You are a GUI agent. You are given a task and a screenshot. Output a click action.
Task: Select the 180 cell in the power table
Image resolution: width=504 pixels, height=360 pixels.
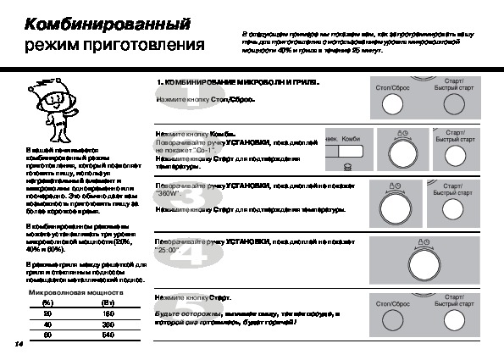click(x=108, y=313)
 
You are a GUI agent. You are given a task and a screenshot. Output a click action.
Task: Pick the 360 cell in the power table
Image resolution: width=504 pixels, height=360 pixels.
click(x=108, y=324)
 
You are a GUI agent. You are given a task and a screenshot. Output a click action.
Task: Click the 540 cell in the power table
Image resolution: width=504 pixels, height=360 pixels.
click(x=108, y=335)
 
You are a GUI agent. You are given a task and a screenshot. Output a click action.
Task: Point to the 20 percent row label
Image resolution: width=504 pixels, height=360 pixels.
click(x=47, y=313)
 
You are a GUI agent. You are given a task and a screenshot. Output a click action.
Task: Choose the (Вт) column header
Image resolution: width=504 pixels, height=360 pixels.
click(x=108, y=302)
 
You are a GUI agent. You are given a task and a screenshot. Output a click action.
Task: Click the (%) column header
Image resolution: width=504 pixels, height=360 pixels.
click(x=47, y=302)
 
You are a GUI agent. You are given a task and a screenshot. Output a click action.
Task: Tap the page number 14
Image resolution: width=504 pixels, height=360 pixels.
click(x=18, y=345)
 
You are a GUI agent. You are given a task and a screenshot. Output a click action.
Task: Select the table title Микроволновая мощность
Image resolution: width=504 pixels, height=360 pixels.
click(x=75, y=292)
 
